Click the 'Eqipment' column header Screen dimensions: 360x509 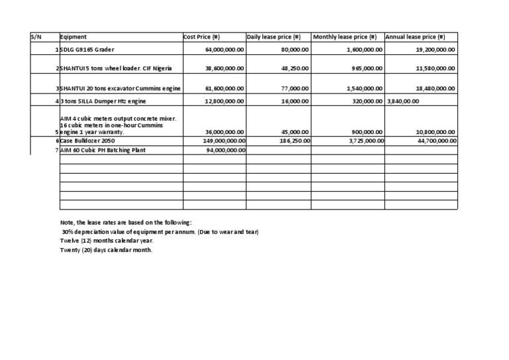(x=74, y=37)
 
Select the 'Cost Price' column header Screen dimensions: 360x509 (x=205, y=37)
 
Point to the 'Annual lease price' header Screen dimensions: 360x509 (x=415, y=37)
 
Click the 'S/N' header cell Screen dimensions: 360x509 (x=36, y=37)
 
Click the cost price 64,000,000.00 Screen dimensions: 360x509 (x=225, y=50)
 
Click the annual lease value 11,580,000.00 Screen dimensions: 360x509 (x=435, y=68)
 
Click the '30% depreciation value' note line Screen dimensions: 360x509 (x=159, y=231)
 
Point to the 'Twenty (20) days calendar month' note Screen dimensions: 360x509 (x=106, y=250)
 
